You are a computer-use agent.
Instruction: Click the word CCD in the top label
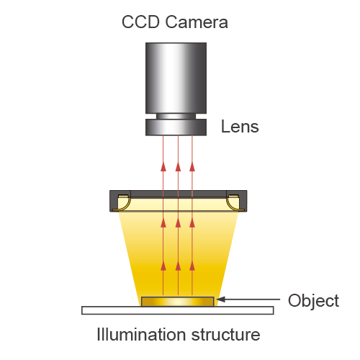pos(140,22)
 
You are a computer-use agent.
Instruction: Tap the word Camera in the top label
pos(197,22)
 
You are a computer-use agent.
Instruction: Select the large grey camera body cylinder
pos(176,78)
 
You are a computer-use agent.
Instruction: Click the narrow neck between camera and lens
pos(176,116)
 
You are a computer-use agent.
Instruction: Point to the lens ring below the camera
pos(176,127)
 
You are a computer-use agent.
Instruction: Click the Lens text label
pos(240,127)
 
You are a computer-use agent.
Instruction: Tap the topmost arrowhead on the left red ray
pos(163,167)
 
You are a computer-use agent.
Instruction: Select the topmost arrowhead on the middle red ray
pos(178,167)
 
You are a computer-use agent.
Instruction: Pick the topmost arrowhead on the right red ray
pos(192,167)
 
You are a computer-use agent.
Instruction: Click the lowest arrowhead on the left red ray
pos(163,266)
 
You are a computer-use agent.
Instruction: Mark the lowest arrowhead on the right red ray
pos(192,266)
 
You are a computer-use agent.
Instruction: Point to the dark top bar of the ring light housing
pos(179,194)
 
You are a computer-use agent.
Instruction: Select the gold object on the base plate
pos(178,302)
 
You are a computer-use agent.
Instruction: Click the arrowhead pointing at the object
pos(221,300)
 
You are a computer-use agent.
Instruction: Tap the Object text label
pos(313,301)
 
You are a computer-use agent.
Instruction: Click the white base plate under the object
pos(178,310)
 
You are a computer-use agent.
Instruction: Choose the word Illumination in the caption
pos(141,334)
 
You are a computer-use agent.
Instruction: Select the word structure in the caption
pos(226,335)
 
